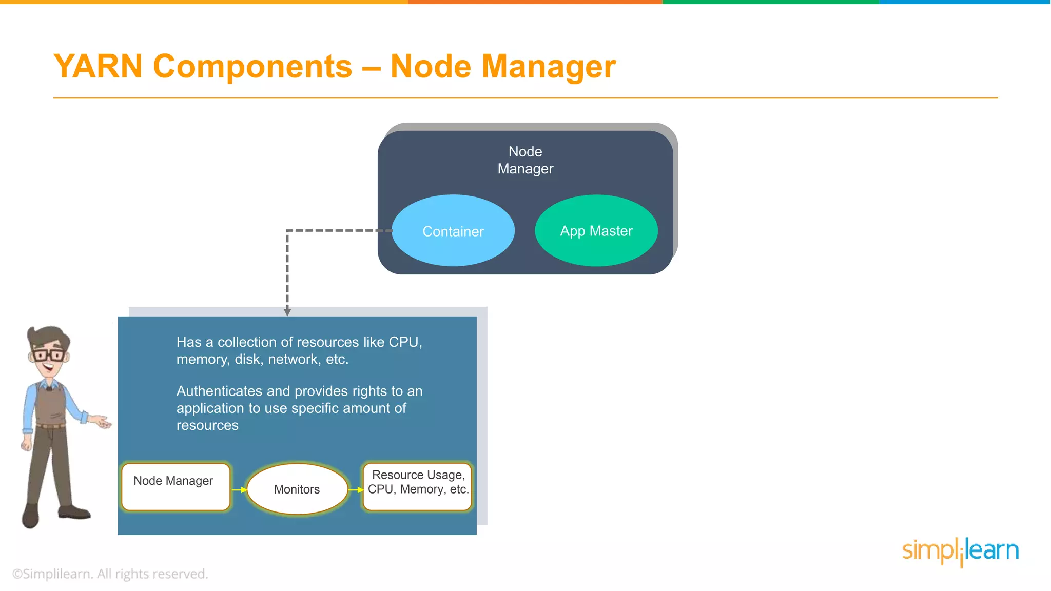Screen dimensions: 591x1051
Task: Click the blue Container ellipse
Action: point(453,231)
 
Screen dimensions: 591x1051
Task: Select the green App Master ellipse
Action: point(596,231)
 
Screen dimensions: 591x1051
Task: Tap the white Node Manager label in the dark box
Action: point(525,160)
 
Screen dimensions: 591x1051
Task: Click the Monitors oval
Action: point(297,489)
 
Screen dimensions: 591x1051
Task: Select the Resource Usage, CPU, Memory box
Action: point(418,486)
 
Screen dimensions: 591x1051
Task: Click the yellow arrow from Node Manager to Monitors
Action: point(239,490)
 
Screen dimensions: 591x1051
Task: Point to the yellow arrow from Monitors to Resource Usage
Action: point(356,490)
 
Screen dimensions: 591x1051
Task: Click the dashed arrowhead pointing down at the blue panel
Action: point(287,312)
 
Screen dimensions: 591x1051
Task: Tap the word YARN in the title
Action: point(98,67)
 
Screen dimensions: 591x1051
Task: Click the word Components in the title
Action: point(252,67)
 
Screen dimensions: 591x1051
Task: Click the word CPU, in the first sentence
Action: point(405,342)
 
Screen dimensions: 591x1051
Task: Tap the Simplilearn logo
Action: point(960,551)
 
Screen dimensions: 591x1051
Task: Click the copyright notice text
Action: point(110,574)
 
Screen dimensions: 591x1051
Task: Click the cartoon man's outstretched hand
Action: point(102,423)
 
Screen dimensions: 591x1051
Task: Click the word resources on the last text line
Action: point(207,425)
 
